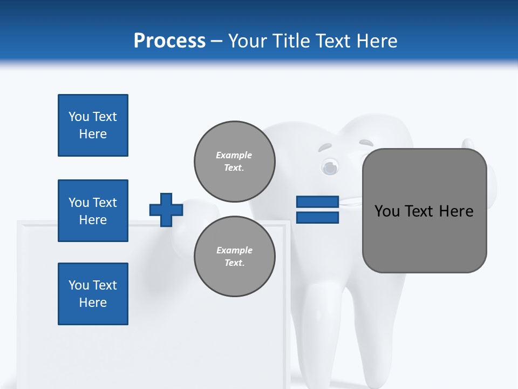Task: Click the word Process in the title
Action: click(169, 41)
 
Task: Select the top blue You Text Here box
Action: click(93, 125)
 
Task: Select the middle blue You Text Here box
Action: click(93, 211)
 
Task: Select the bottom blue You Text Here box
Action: click(93, 293)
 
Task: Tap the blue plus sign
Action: click(166, 210)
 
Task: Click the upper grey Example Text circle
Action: click(234, 161)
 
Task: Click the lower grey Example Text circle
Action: click(234, 256)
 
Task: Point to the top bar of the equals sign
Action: click(317, 202)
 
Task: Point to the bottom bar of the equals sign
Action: click(317, 217)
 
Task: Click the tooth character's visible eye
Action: click(329, 167)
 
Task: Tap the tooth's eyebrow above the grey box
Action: click(366, 144)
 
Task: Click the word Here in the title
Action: click(377, 41)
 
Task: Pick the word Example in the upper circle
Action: click(234, 155)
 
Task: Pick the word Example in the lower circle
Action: click(234, 250)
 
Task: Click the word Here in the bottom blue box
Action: click(93, 303)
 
